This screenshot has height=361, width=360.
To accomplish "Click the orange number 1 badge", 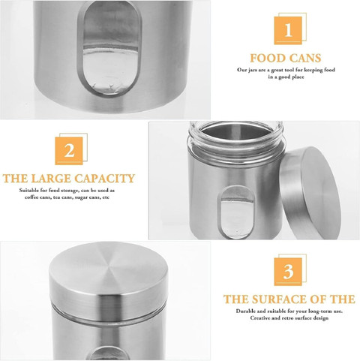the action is point(288,31).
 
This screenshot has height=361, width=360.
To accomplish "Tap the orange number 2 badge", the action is point(69,151).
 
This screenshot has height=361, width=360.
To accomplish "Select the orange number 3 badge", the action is point(288,272).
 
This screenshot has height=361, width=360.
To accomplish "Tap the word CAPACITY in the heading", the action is point(105,179).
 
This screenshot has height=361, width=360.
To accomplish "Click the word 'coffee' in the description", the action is point(31,197).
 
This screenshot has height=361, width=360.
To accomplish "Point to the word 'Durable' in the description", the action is point(245,311).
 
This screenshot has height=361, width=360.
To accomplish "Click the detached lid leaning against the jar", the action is point(310,193).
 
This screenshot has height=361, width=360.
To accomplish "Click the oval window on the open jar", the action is point(235,212).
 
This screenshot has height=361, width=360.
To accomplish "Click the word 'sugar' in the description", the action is point(82,197).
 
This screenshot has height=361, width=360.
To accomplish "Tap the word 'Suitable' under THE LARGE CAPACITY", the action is point(29,191).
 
